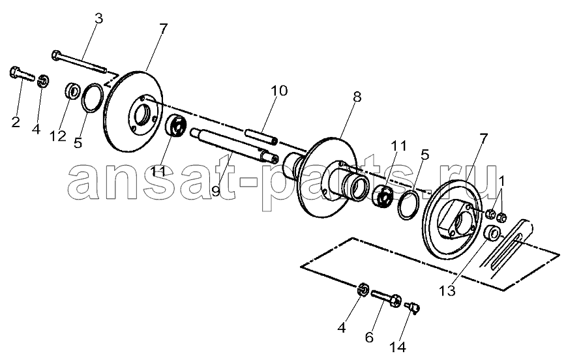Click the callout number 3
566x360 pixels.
pyautogui.click(x=98, y=18)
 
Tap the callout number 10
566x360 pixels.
pyautogui.click(x=279, y=91)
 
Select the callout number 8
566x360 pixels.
pyautogui.click(x=357, y=97)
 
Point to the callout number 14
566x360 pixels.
pyautogui.click(x=397, y=347)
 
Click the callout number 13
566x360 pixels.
pyautogui.click(x=447, y=290)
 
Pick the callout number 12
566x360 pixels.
pyautogui.click(x=58, y=136)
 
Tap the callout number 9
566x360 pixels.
pyautogui.click(x=215, y=191)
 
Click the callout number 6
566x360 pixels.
pyautogui.click(x=369, y=337)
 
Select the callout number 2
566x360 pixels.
pyautogui.click(x=16, y=122)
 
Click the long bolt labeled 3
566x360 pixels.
pyautogui.click(x=79, y=62)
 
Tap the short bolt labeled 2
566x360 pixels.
pyautogui.click(x=22, y=74)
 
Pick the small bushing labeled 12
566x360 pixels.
pyautogui.click(x=72, y=90)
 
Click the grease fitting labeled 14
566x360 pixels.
pyautogui.click(x=413, y=308)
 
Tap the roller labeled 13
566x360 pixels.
pyautogui.click(x=492, y=233)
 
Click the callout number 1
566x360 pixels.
pyautogui.click(x=501, y=181)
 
